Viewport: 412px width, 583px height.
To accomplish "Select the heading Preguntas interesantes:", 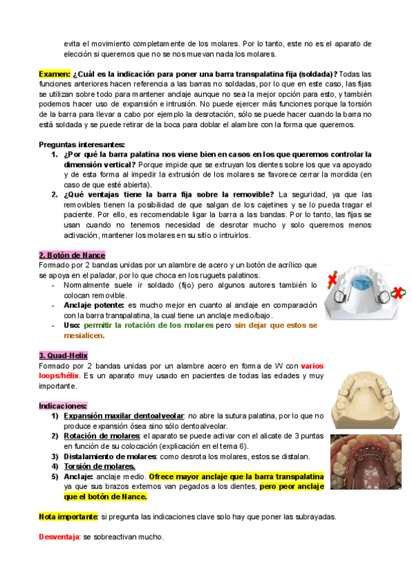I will (x=82, y=144).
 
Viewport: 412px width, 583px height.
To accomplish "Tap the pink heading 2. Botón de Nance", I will (x=71, y=255).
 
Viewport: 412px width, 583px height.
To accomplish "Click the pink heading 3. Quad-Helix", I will (x=63, y=355).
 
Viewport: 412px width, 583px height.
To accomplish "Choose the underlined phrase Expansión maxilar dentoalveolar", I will (x=123, y=416).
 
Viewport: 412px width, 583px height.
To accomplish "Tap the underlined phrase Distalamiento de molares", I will (x=111, y=456).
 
